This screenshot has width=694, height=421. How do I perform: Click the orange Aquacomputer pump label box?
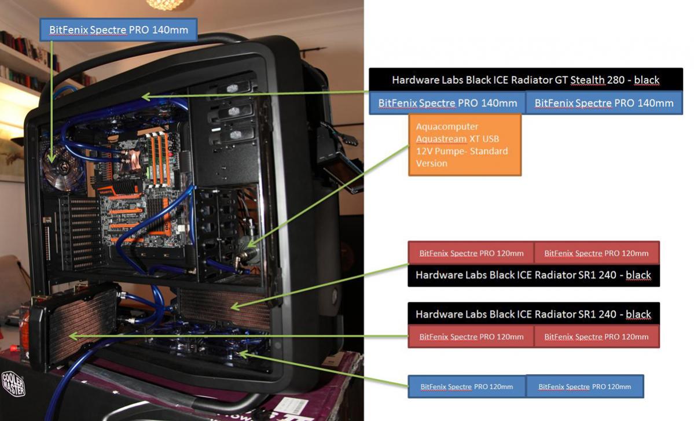coord(464,145)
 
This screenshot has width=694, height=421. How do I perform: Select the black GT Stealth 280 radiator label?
coord(526,80)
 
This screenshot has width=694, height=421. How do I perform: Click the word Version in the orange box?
coord(431,164)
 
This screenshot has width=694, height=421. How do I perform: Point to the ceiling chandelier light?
coord(160,5)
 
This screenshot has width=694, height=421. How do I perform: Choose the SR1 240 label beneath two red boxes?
coord(533,275)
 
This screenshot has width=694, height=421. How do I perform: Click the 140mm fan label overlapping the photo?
coord(117,29)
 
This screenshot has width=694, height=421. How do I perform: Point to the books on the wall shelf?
coord(23,55)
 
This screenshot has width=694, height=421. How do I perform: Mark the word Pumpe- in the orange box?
coord(460,151)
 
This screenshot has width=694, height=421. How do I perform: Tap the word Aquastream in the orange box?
coord(441,139)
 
